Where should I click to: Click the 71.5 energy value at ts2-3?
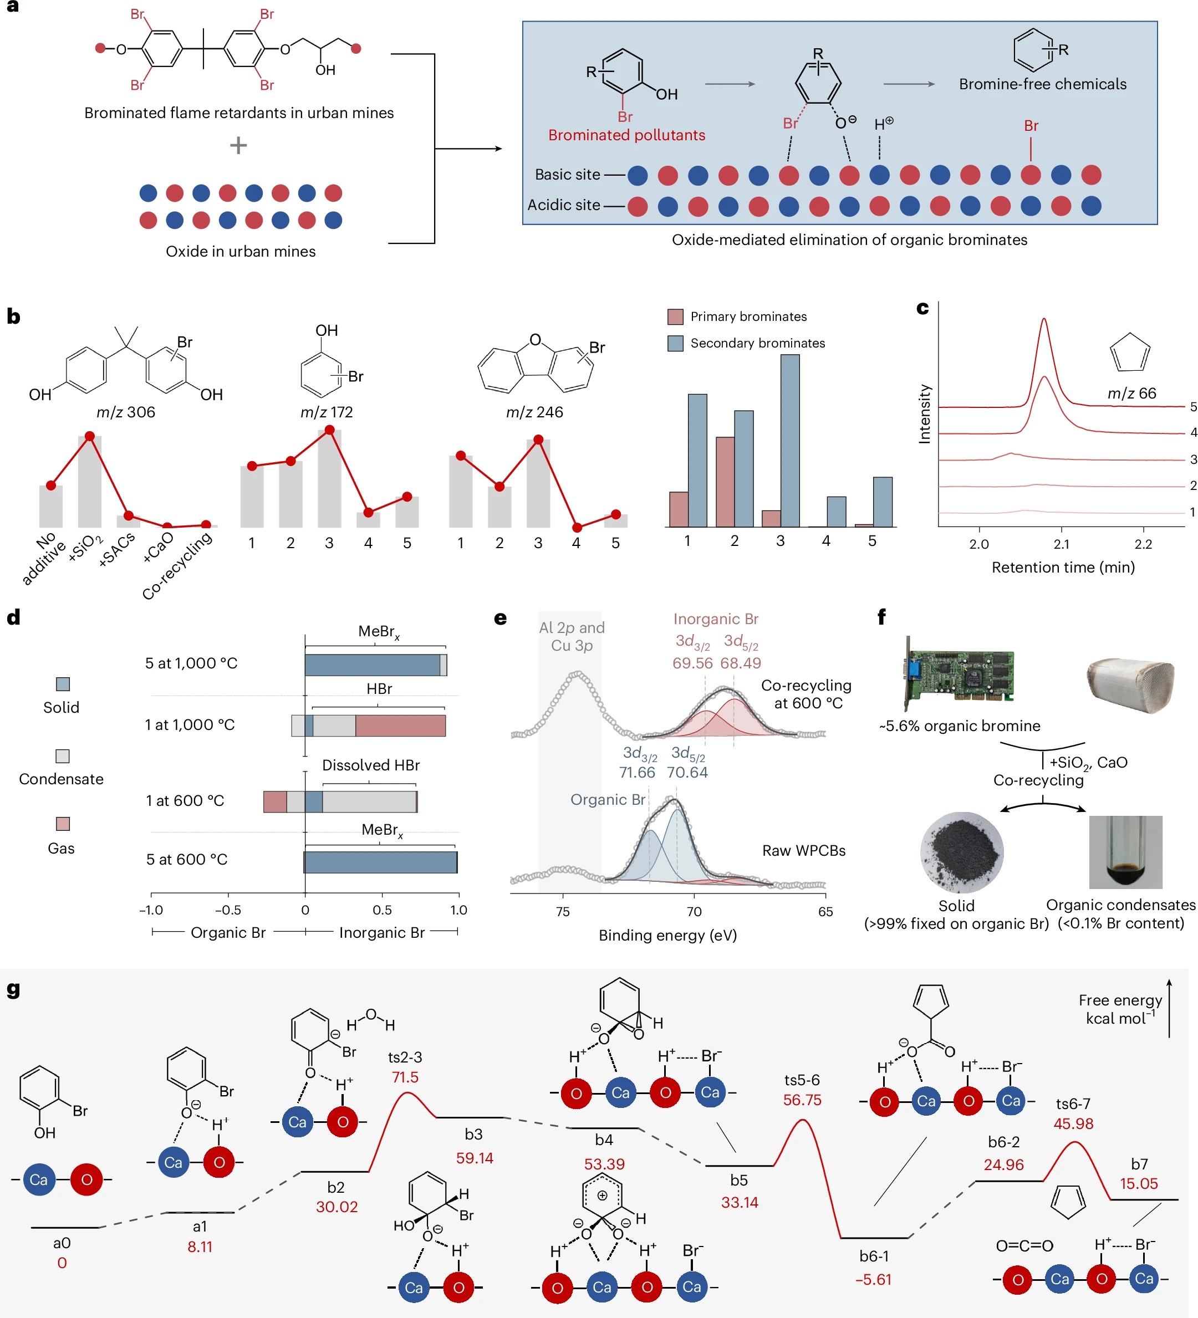[405, 1077]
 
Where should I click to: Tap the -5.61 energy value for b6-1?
[873, 1279]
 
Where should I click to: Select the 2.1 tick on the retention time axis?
[1061, 544]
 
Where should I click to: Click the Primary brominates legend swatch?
[675, 317]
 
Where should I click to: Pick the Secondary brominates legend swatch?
[675, 343]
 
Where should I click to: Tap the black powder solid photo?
[961, 852]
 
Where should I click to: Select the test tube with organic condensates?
[1125, 852]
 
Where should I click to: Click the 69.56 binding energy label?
[692, 663]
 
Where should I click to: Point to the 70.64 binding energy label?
[687, 772]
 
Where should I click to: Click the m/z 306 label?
[125, 412]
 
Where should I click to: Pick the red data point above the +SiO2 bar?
[90, 436]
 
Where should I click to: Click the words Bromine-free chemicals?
[1042, 84]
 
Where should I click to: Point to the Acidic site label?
[563, 205]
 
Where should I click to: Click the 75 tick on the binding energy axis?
[562, 911]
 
